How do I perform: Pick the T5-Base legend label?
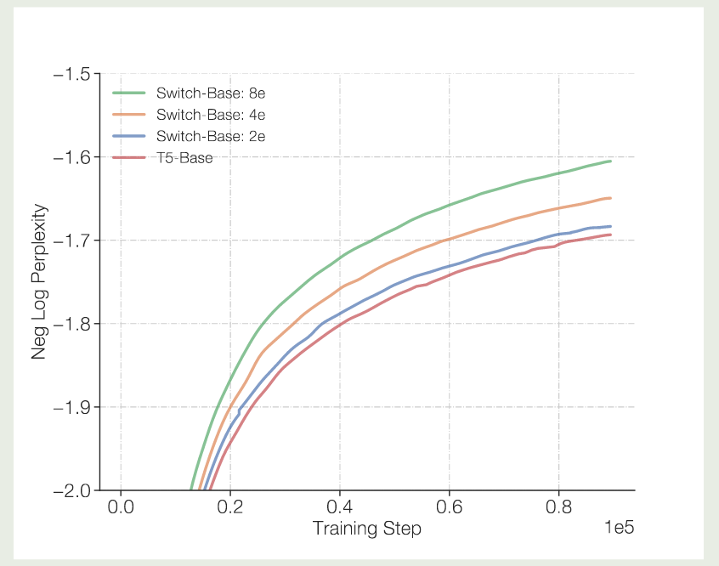click(184, 158)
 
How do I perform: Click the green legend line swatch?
click(129, 92)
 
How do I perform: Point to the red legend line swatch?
click(129, 158)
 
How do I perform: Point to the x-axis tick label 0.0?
click(121, 508)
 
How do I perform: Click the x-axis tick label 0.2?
click(230, 508)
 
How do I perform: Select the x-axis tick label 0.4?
click(340, 508)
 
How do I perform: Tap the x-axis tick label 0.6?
click(450, 508)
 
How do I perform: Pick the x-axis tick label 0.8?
click(559, 508)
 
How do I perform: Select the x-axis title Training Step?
click(366, 529)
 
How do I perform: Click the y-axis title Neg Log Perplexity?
click(39, 281)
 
